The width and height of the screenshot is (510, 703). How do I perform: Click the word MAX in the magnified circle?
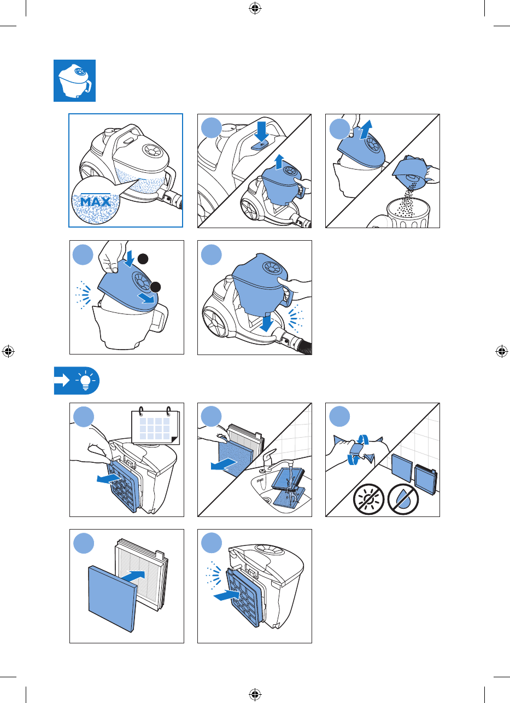click(96, 201)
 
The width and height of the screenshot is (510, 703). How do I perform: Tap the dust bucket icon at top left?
click(74, 81)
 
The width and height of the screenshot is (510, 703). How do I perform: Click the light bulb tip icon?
click(86, 380)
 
